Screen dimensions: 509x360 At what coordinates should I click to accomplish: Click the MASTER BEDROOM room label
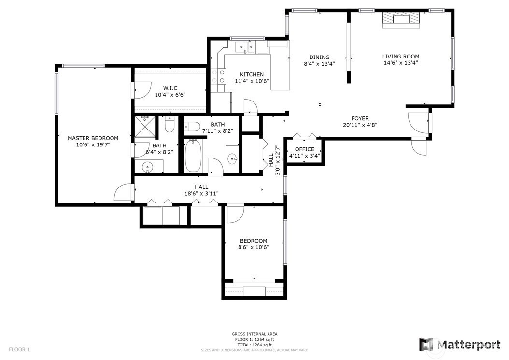click(x=93, y=138)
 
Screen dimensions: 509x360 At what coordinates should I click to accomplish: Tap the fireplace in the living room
click(x=401, y=19)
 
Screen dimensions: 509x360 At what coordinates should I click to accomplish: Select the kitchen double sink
click(x=245, y=47)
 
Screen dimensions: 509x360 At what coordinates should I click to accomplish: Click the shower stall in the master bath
click(x=145, y=127)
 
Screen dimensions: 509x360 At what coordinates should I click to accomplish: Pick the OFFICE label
click(x=305, y=149)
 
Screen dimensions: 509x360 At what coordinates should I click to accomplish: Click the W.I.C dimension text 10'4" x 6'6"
click(x=170, y=95)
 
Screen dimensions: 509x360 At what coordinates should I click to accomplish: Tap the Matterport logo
click(x=460, y=345)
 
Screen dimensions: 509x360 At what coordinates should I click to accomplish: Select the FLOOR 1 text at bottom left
click(x=19, y=350)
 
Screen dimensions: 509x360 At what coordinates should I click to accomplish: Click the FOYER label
click(x=360, y=118)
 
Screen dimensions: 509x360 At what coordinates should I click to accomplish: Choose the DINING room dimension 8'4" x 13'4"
click(x=319, y=64)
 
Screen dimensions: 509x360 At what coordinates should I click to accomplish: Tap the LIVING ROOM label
click(x=400, y=56)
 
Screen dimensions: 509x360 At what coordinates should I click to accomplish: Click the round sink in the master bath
click(x=148, y=168)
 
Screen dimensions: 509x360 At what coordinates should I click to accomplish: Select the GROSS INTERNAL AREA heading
click(x=254, y=334)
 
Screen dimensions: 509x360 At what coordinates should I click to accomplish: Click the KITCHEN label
click(x=252, y=74)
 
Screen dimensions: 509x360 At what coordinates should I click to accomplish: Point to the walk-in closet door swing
click(x=143, y=90)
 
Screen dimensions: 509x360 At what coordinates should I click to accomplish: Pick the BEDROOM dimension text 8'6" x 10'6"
click(x=254, y=247)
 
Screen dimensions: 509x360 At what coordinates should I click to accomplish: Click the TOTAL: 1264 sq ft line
click(x=254, y=345)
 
